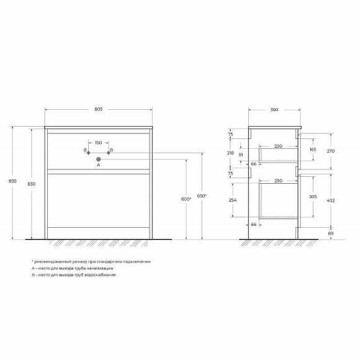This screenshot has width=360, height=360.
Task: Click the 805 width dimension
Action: pyautogui.click(x=98, y=109)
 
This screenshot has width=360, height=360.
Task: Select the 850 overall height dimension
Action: pyautogui.click(x=9, y=181)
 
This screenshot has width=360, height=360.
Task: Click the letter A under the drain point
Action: pyautogui.click(x=98, y=166)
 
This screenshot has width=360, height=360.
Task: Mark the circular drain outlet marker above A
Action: pyautogui.click(x=98, y=159)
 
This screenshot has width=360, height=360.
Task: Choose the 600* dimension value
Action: pyautogui.click(x=185, y=199)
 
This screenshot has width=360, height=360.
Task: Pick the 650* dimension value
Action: pyautogui.click(x=202, y=196)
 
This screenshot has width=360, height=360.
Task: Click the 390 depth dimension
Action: pyautogui.click(x=274, y=109)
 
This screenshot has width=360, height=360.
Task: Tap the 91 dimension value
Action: pyautogui.click(x=241, y=155)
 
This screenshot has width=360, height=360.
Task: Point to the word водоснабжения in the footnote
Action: pyautogui.click(x=102, y=274)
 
